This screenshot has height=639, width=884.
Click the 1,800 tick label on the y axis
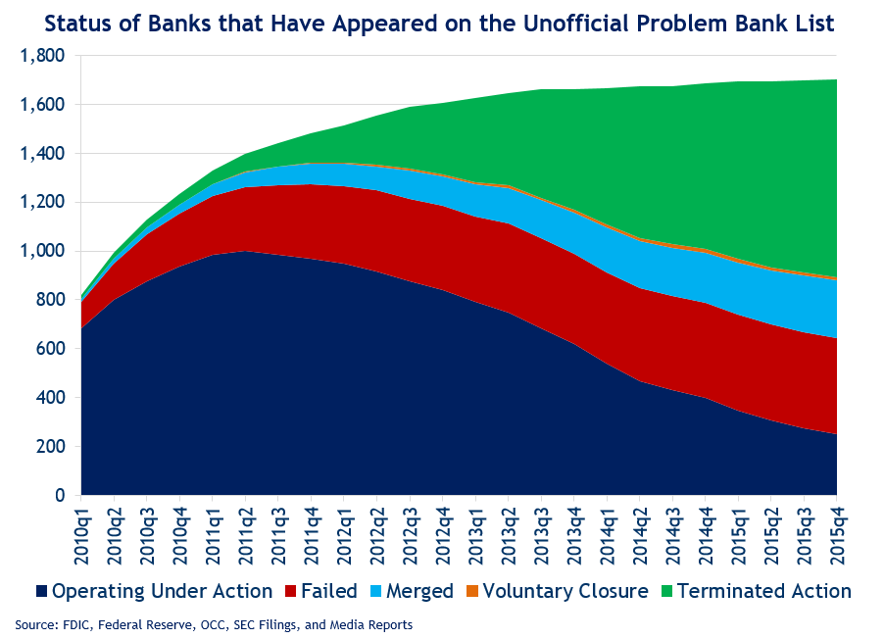42,56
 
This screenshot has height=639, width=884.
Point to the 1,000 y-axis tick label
42,251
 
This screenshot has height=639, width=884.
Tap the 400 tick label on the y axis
51,398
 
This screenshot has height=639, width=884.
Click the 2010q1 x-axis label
81,536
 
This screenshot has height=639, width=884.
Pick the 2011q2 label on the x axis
246,536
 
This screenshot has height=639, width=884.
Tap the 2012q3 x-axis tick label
411,536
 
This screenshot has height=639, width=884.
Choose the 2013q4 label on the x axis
574,536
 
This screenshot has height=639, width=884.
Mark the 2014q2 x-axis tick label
640,536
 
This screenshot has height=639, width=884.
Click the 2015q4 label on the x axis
837,536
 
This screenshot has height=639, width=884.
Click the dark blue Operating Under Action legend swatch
41,592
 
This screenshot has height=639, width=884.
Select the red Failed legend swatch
290,592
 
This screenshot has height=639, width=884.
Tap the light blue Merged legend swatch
375,592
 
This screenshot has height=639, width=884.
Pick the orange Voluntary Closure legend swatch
471,592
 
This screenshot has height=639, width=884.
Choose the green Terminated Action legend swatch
667,592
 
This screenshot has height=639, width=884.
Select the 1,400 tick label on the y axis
42,154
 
